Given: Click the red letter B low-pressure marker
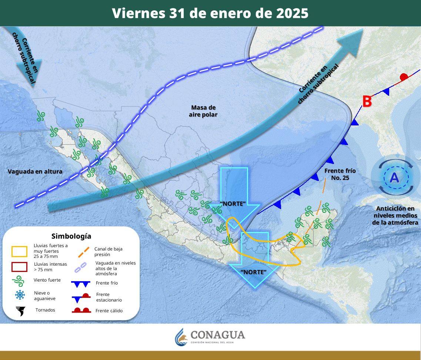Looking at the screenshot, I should click(367, 101).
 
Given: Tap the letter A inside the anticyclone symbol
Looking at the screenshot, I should click(394, 178).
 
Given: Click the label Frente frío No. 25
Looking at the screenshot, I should click(340, 174).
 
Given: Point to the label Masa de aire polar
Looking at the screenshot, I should click(204, 111).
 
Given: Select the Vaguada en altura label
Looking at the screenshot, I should click(35, 171).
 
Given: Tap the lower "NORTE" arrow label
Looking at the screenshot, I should click(254, 272).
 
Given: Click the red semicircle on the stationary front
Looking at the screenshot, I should click(404, 77).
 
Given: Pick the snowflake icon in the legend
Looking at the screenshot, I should click(20, 295).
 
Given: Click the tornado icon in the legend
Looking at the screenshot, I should click(20, 311).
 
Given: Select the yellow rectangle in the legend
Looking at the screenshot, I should click(20, 252).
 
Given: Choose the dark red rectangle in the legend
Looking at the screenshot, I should click(20, 267).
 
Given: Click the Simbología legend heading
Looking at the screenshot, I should click(71, 236).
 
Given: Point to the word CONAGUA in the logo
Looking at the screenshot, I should click(218, 335).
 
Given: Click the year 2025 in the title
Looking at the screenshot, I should click(292, 13).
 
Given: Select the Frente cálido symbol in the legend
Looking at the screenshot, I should click(81, 310).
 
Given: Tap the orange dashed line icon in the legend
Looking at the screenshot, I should click(83, 252).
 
